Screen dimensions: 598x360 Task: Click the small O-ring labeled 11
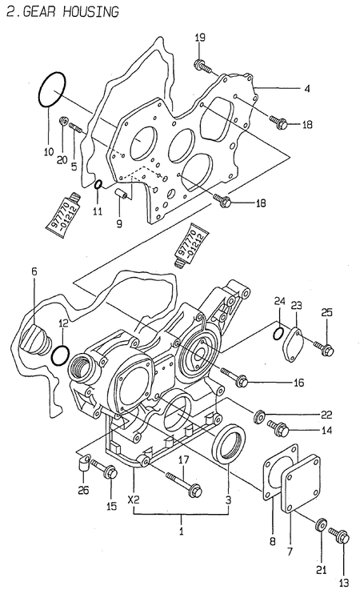pyautogui.click(x=97, y=187)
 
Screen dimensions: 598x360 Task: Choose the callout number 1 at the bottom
pyautogui.click(x=181, y=531)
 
